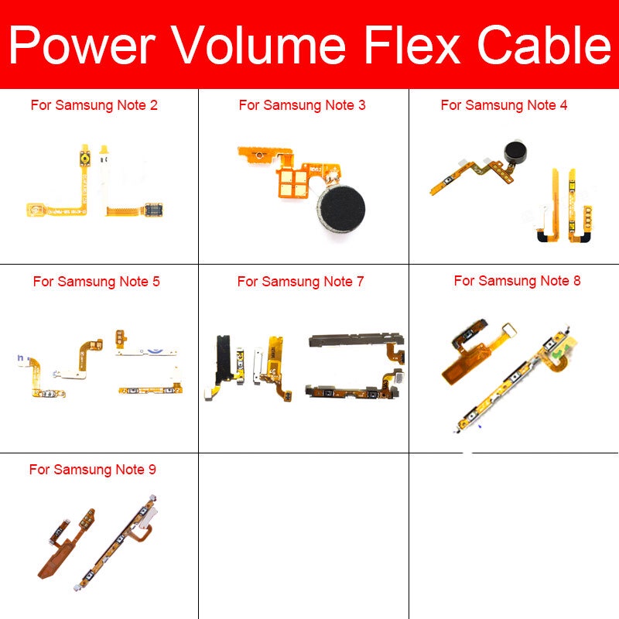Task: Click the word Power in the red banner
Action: (82, 44)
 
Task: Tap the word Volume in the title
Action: (260, 44)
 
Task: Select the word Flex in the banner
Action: (412, 44)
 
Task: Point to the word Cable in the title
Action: (544, 44)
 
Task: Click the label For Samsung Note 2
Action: (94, 105)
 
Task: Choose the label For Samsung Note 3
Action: (302, 105)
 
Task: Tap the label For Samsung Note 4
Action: (504, 105)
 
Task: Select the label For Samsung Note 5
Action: (96, 282)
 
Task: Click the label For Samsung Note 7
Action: (300, 282)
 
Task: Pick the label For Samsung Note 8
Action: (517, 281)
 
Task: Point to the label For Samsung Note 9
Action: (92, 470)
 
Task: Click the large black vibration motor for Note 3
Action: (341, 209)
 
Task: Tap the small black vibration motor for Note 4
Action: (516, 152)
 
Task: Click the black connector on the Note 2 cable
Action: (153, 210)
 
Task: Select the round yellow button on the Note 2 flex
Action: (84, 159)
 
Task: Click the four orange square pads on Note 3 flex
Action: (293, 183)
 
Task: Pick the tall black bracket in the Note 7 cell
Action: (223, 359)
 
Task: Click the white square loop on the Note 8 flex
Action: (508, 330)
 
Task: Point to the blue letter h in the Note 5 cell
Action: (21, 358)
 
